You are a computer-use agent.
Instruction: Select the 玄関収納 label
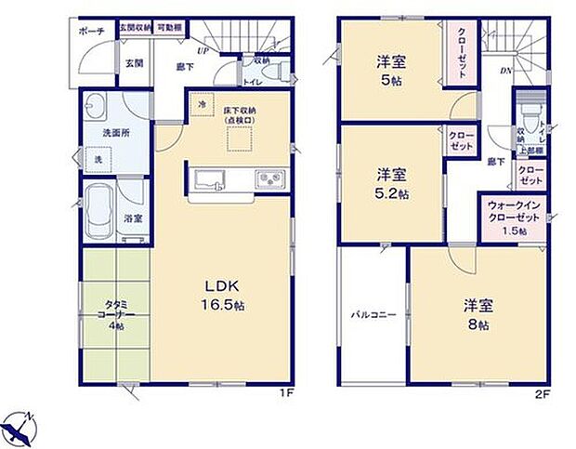pos(133,28)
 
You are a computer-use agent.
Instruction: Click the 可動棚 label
pos(169,28)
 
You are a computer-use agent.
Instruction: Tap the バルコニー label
pos(373,316)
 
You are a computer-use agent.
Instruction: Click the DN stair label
pos(507,71)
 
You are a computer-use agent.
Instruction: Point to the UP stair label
pos(202,50)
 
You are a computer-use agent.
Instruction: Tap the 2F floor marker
pos(544,393)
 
